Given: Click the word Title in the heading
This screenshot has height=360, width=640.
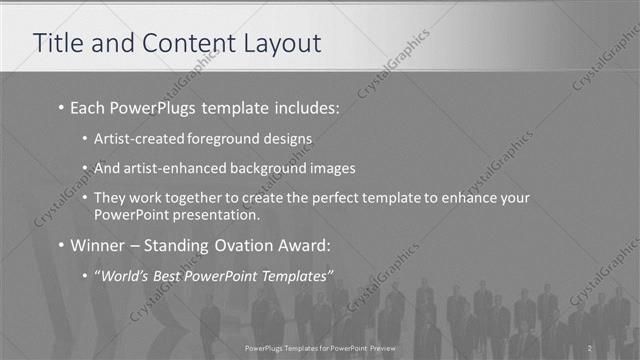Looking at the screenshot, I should (x=57, y=44).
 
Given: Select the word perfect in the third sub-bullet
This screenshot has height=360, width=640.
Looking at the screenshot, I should (x=322, y=198).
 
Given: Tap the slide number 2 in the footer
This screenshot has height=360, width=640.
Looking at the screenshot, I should (x=591, y=348).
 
